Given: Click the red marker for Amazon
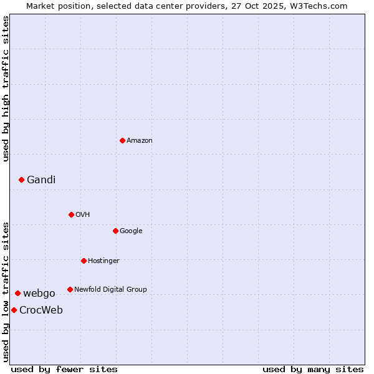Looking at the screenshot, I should click(122, 140).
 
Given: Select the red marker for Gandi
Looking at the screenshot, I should click(21, 180).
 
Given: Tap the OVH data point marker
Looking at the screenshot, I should click(71, 214).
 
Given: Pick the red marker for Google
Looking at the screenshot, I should click(115, 231).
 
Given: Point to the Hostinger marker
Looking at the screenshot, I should click(84, 261).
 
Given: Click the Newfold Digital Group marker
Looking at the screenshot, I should click(70, 289).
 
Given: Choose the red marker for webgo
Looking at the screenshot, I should click(17, 293).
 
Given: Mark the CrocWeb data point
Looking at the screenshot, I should click(14, 310).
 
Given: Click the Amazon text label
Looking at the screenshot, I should click(140, 141).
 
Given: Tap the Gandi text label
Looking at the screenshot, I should click(41, 180).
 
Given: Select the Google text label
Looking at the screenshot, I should click(131, 231).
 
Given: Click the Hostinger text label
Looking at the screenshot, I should click(103, 261).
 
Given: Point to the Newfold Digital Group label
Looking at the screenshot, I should click(110, 290).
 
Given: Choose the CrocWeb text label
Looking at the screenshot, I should click(41, 310).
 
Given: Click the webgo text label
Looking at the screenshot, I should click(39, 294).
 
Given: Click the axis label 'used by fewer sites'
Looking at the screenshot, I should click(64, 369).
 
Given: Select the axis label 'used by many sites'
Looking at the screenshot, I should click(313, 369).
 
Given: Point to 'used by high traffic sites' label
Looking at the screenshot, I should click(6, 89).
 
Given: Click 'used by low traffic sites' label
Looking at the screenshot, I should click(6, 292).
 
